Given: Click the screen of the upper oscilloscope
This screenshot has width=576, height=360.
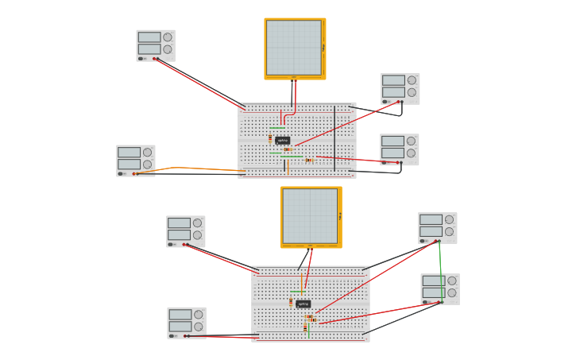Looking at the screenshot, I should (294, 47).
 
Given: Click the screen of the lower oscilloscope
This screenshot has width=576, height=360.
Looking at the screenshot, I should (310, 215).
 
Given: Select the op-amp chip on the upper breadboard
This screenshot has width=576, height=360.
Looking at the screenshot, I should (283, 141).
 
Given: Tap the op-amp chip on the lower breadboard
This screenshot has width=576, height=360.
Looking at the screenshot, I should (303, 304).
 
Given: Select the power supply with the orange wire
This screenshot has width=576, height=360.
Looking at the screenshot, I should (135, 160).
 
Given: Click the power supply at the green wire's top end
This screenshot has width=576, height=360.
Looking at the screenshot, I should (437, 227).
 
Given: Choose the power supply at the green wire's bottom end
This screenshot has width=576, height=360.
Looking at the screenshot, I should (439, 288).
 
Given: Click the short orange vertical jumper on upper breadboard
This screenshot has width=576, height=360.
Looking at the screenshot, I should (288, 165).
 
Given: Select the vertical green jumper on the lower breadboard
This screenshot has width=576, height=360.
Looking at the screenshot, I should (309, 329).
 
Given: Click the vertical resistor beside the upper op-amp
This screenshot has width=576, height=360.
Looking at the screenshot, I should (270, 138).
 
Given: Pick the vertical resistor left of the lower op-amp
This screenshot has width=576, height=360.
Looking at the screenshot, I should (291, 303).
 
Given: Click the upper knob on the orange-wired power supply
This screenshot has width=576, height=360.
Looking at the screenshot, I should (147, 153).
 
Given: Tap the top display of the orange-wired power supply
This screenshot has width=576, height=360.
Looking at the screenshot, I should (129, 153).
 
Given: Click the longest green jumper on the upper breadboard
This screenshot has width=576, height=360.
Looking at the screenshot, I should (292, 157).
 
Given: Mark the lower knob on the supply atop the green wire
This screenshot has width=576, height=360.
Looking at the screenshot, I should (449, 232).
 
